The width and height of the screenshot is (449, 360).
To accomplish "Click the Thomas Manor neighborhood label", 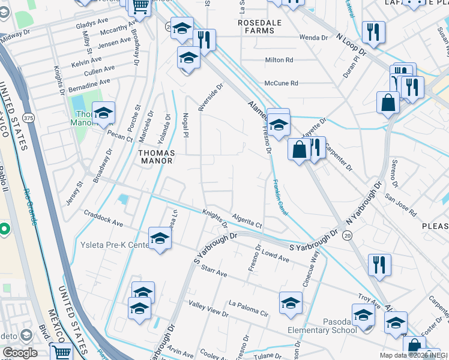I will coord(157,157).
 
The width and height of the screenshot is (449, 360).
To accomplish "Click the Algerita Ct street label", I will coord(247,220).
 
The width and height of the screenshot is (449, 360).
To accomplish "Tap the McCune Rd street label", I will coord(282,83).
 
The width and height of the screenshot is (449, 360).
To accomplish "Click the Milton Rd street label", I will coord(279,60).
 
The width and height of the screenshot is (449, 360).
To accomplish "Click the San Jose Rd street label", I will coord(400,204).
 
